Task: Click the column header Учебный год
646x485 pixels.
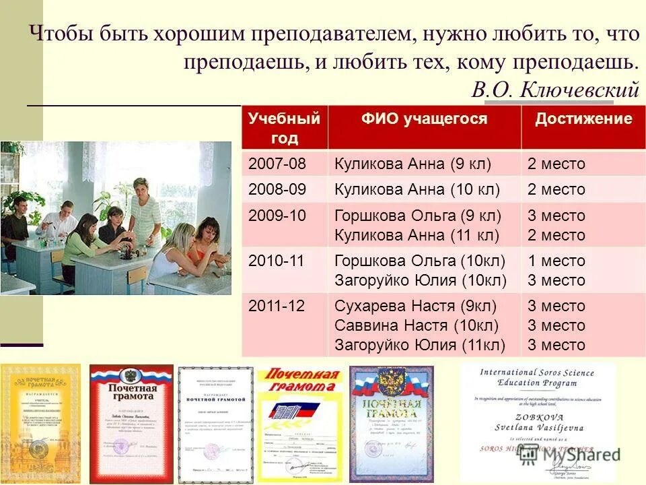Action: (x=284, y=129)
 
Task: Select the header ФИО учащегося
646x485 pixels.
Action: (x=424, y=119)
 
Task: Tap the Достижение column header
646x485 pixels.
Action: (x=583, y=119)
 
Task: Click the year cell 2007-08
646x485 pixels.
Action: (x=277, y=164)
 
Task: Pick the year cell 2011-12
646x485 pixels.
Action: (x=277, y=306)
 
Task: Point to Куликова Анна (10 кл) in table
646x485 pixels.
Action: (x=417, y=189)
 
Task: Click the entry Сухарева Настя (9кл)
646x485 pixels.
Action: (x=415, y=306)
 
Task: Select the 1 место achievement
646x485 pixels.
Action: (x=556, y=261)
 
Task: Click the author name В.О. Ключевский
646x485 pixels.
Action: (x=555, y=90)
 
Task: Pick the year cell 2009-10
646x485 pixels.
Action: (x=277, y=216)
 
